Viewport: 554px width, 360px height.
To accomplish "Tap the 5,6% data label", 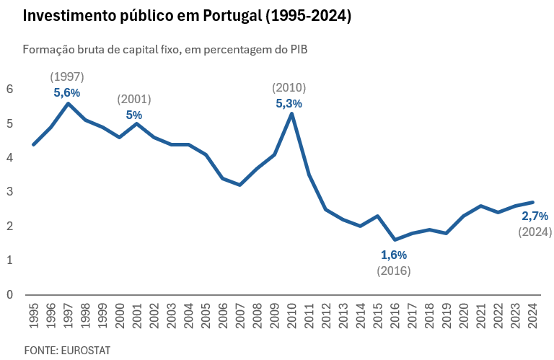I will (67, 92).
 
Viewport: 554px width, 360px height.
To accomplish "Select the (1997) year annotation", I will (67, 76).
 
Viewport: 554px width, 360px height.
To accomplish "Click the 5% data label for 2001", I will (134, 115).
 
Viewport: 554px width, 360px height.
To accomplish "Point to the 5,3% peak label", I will (289, 103).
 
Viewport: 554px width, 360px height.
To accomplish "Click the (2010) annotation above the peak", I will (289, 87).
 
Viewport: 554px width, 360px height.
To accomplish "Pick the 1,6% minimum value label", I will (394, 255).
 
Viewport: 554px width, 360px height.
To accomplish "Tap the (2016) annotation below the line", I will (394, 271).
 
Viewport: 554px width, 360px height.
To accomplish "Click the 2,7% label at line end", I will (535, 216).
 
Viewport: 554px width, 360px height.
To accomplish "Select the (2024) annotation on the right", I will (535, 232).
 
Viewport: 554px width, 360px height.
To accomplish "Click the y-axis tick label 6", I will (10, 89).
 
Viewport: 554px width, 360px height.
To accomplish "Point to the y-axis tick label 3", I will (10, 192).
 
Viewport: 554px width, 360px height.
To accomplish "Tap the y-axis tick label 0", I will (10, 294).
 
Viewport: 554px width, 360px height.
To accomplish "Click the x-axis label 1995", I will (33, 316).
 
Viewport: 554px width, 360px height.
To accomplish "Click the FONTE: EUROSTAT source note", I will (67, 350).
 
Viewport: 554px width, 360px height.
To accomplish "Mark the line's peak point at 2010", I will (291, 113).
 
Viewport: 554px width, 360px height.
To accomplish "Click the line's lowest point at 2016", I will (395, 240).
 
